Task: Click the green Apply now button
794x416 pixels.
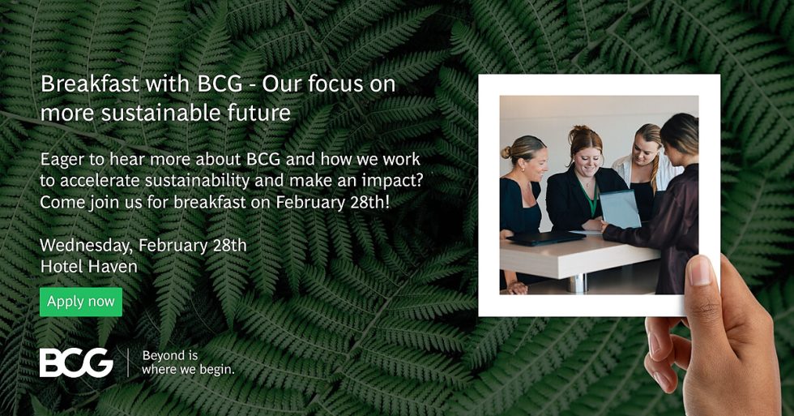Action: pos(81,302)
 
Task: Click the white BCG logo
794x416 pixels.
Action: pos(76,362)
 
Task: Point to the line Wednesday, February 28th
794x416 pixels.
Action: pos(143,245)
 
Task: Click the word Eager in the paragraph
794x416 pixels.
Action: pos(62,160)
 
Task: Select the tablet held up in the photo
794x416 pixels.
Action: pos(621,208)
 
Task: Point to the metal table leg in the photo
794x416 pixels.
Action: pos(577,281)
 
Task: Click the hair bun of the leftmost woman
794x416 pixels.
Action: pos(506,152)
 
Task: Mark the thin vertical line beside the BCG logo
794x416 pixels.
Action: pos(128,362)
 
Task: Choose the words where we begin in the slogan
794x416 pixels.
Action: pos(188,370)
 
